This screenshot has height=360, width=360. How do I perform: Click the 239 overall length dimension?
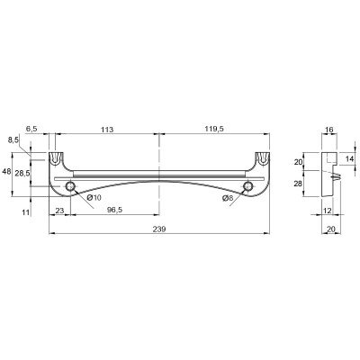pyautogui.click(x=159, y=229)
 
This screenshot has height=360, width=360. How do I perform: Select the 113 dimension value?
pyautogui.click(x=107, y=130)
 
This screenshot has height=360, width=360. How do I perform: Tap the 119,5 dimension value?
pyautogui.click(x=214, y=129)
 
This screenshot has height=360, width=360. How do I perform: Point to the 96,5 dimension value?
pyautogui.click(x=115, y=211)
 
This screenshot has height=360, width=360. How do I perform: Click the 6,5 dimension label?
pyautogui.click(x=31, y=129)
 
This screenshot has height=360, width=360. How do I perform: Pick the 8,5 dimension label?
pyautogui.click(x=13, y=139)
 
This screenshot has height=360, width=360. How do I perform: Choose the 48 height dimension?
pyautogui.click(x=6, y=172)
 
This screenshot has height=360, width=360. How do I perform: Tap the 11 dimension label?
pyautogui.click(x=26, y=212)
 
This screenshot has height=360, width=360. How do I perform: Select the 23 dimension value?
pyautogui.click(x=59, y=211)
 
